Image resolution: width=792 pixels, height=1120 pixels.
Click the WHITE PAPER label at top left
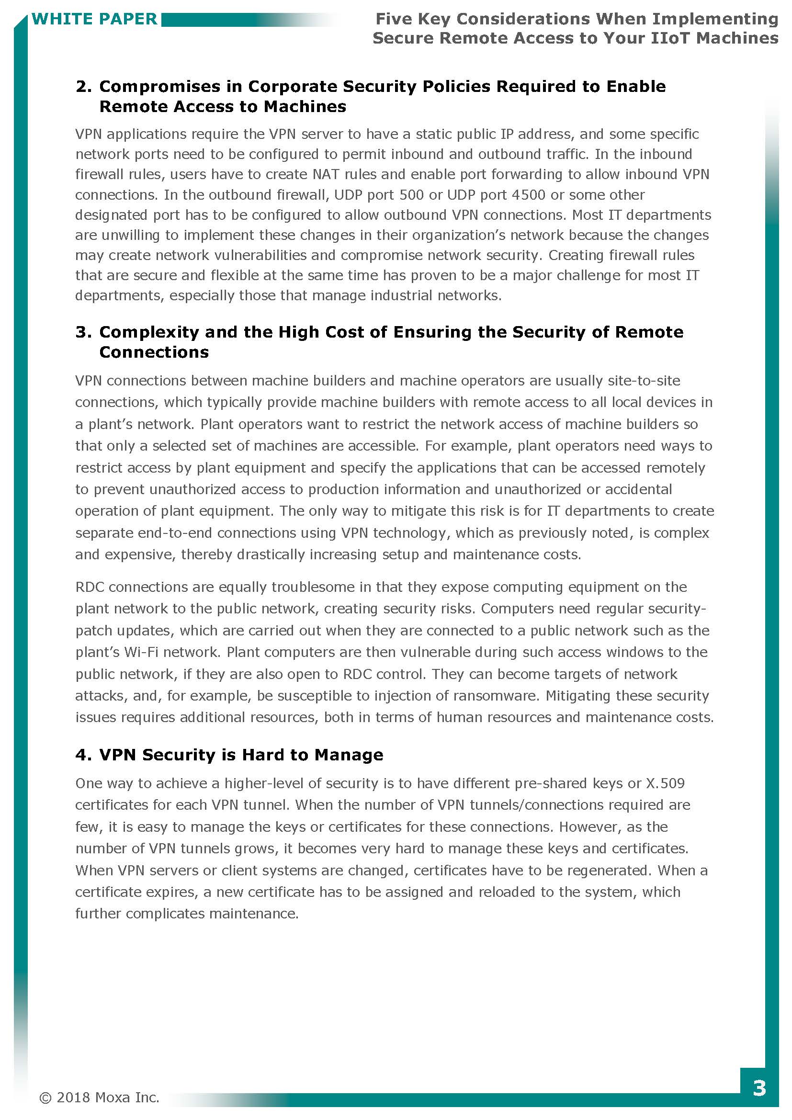point(94,19)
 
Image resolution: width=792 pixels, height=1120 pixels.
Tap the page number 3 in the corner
point(759,1088)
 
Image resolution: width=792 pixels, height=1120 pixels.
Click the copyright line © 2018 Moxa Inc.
point(99,1097)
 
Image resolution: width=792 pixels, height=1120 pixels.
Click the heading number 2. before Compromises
point(83,86)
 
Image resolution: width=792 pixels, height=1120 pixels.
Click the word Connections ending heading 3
point(154,352)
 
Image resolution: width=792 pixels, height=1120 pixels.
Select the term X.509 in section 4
point(665,783)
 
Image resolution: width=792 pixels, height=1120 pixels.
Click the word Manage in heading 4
point(349,755)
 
